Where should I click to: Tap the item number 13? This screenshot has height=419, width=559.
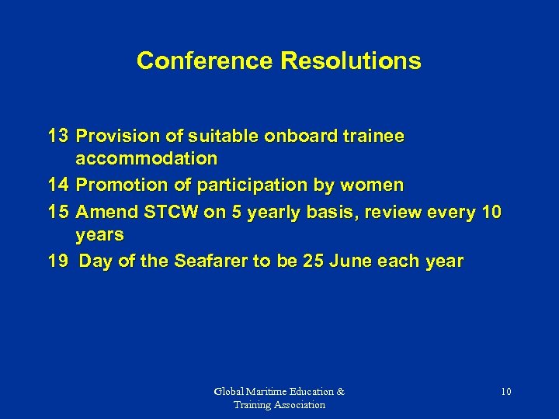(58, 136)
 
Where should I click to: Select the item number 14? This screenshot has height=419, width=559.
(58, 185)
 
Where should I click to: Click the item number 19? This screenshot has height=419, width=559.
(58, 261)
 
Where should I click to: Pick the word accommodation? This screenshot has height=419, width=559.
(147, 159)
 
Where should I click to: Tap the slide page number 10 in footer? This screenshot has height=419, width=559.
(505, 392)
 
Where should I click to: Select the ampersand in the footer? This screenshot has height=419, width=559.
(340, 392)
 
